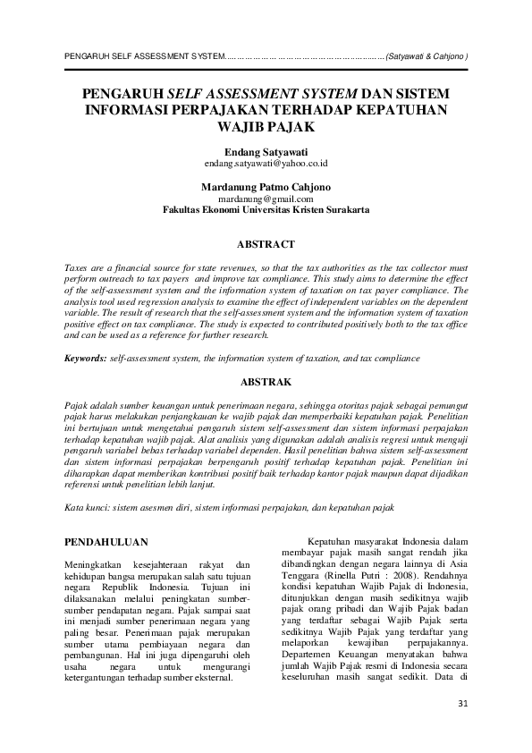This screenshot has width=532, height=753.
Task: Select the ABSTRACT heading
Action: (x=266, y=242)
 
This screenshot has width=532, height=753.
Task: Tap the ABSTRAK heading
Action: (x=266, y=382)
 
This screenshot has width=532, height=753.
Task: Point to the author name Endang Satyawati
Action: (x=266, y=152)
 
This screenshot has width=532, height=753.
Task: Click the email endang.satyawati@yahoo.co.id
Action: (x=266, y=165)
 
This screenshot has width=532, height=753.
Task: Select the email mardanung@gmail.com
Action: (x=266, y=199)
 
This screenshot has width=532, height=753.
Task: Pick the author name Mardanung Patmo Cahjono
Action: (x=266, y=187)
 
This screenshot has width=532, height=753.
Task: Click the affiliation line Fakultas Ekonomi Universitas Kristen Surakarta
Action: (x=266, y=210)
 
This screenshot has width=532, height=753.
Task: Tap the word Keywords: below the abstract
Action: (x=86, y=359)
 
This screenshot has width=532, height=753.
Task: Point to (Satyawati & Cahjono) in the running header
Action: (x=426, y=56)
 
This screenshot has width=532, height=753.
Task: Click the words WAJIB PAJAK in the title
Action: (x=266, y=126)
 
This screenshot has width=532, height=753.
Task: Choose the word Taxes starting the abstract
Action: (x=78, y=268)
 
